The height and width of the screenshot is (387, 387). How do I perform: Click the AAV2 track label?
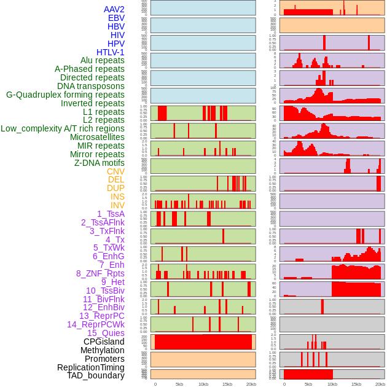(x=114, y=9)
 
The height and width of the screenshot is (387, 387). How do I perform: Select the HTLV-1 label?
(x=111, y=52)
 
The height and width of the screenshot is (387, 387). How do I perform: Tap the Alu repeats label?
(x=103, y=60)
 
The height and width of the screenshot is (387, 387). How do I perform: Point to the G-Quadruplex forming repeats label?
(x=65, y=95)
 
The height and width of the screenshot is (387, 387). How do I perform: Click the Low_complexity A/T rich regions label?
(x=63, y=128)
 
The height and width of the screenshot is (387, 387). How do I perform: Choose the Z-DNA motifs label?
(x=100, y=163)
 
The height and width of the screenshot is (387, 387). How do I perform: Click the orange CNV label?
(x=115, y=171)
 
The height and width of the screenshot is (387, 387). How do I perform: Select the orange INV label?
(x=117, y=205)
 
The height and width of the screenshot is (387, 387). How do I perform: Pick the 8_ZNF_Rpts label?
(x=100, y=273)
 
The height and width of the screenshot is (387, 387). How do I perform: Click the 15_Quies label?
(x=105, y=333)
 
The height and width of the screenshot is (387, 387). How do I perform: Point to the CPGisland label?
(x=104, y=342)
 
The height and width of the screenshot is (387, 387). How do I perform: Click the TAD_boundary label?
(x=96, y=375)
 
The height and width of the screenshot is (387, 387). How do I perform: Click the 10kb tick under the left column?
(x=203, y=384)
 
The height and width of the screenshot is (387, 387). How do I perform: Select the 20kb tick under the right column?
(x=380, y=384)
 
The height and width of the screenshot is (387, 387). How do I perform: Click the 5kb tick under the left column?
(x=179, y=384)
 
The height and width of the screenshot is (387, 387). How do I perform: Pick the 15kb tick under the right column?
(x=356, y=384)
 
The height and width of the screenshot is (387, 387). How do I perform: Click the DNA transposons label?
(x=91, y=86)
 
